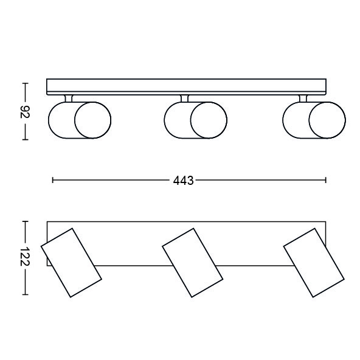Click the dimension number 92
25,112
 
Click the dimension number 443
183,181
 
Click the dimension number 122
25,257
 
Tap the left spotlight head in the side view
80,120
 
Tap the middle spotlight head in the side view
196,120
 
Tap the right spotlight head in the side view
314,120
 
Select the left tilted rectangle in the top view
71,263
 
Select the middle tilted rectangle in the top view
192,263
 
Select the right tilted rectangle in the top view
314,263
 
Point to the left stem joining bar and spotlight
69,99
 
